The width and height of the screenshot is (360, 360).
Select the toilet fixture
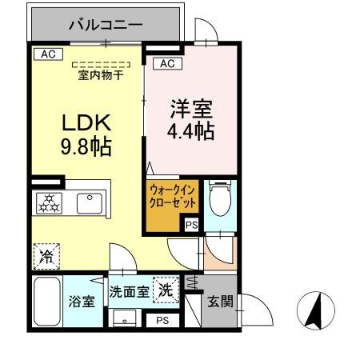[217, 198]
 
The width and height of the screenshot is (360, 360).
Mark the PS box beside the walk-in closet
[191, 226]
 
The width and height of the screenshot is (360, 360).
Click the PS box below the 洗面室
[162, 321]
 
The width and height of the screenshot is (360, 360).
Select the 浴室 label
[82, 302]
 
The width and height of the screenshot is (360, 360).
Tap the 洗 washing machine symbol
[165, 289]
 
